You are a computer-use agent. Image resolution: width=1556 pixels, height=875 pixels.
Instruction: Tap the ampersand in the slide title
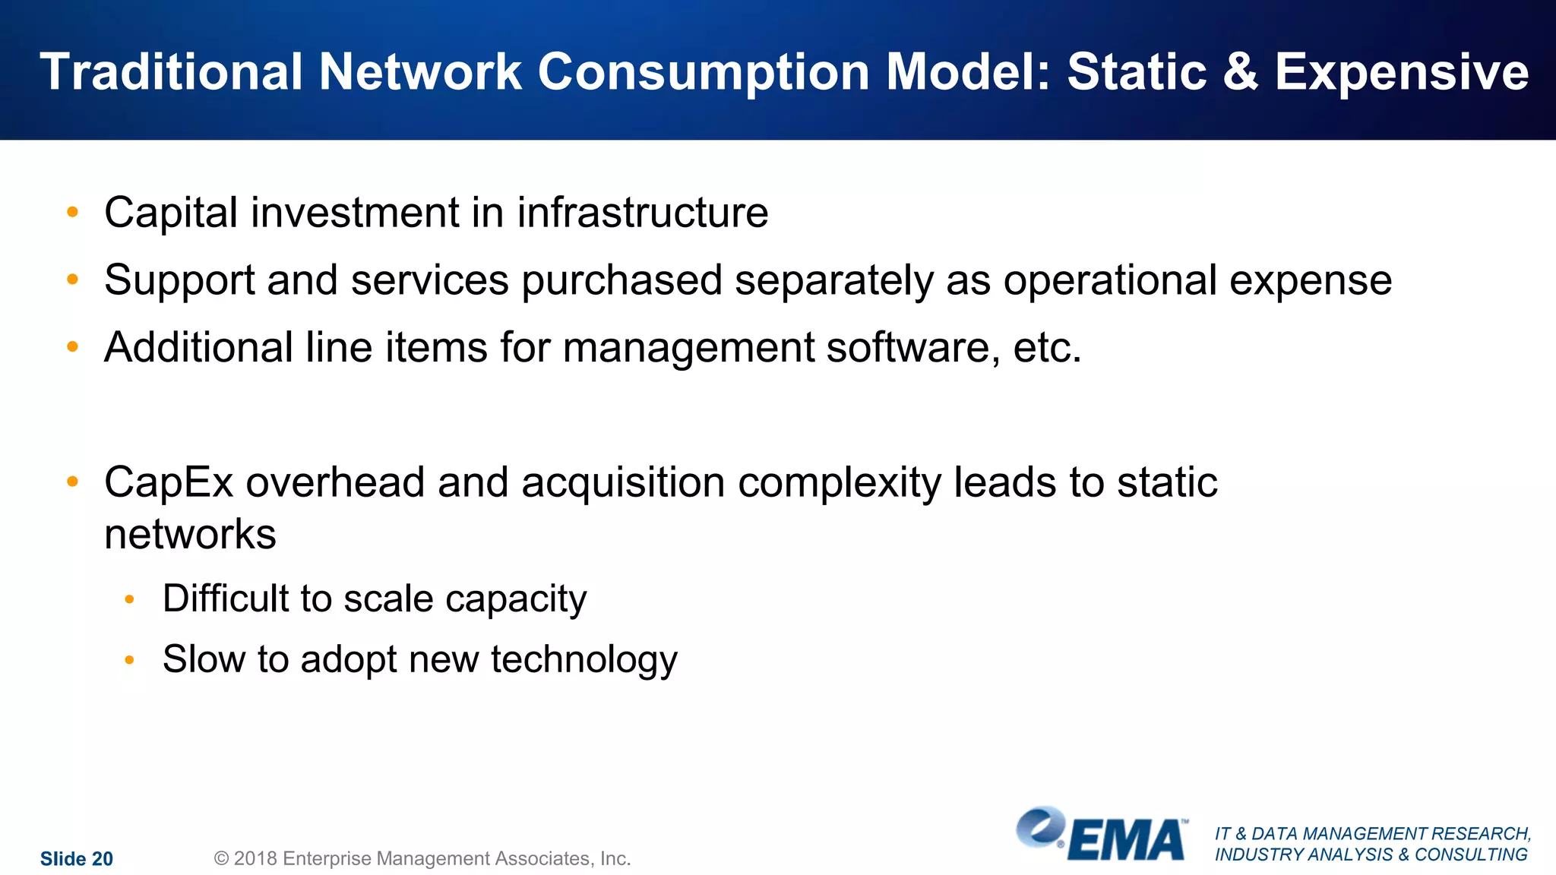(x=1240, y=72)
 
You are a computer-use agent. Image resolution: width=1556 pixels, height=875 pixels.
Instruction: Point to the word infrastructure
(x=643, y=213)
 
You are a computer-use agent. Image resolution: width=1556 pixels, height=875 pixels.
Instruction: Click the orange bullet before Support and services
(x=73, y=280)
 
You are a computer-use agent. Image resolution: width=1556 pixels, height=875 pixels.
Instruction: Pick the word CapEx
(x=169, y=483)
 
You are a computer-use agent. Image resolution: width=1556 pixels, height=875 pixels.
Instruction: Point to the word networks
(x=190, y=534)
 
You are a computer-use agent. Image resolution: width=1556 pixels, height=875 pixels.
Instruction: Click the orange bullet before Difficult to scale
(x=130, y=600)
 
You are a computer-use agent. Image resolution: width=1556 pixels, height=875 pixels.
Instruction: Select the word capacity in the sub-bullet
(x=516, y=600)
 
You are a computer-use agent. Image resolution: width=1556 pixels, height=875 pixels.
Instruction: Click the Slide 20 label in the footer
(x=77, y=859)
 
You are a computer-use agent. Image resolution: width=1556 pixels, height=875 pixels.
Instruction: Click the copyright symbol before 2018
(x=221, y=858)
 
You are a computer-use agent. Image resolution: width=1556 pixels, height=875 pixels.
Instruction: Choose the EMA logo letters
(x=1127, y=841)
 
